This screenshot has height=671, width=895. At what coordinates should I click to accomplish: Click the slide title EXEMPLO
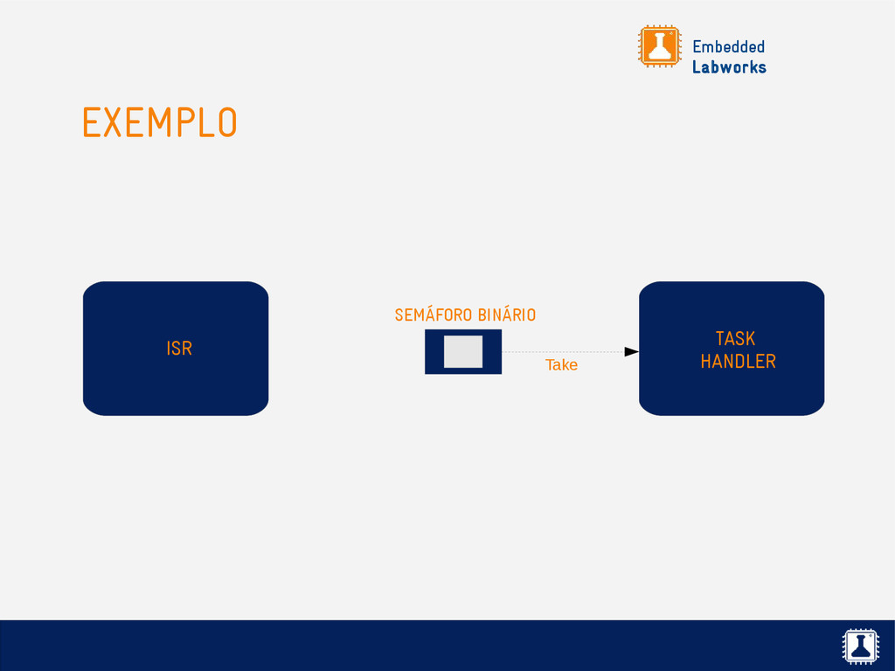[x=159, y=123]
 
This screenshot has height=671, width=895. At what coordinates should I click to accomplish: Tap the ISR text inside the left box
[x=179, y=349]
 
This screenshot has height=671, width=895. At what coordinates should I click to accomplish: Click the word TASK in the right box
[x=735, y=339]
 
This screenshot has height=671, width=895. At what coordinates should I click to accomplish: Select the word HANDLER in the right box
[x=738, y=362]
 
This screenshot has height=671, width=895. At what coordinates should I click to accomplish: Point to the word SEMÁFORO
[x=434, y=315]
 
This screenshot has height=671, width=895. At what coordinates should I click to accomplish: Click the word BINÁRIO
[x=507, y=315]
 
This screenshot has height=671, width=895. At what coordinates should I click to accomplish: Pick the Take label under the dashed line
[x=561, y=365]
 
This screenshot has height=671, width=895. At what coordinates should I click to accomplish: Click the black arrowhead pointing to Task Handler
[x=631, y=352]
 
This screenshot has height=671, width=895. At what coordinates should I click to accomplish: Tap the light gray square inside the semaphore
[x=463, y=351]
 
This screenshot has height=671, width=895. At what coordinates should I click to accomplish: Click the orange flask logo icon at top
[x=659, y=47]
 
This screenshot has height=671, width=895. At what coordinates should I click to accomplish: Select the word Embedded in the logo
[x=728, y=47]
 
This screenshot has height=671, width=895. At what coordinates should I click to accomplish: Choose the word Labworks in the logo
[x=729, y=67]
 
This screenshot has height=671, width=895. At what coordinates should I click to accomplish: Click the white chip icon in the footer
[x=860, y=646]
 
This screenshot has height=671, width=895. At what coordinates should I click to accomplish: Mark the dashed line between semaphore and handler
[x=563, y=352]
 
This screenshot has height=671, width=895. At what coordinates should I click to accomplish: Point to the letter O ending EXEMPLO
[x=225, y=123]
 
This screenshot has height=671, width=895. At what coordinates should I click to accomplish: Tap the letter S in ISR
[x=178, y=349]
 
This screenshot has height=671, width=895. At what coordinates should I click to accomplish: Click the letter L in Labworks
[x=697, y=67]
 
